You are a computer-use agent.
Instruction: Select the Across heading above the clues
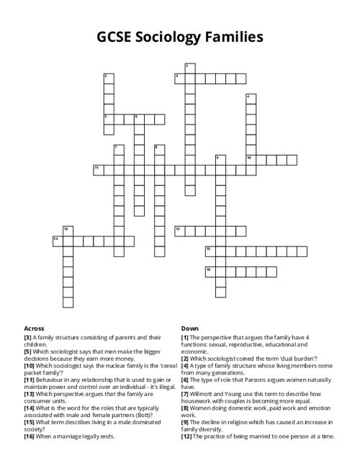[34, 328]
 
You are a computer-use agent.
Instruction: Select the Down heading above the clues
[190, 328]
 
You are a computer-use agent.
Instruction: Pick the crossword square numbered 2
[109, 79]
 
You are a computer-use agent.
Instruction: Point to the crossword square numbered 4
[251, 99]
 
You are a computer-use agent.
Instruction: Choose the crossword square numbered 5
[109, 119]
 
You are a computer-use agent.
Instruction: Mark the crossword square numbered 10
[251, 160]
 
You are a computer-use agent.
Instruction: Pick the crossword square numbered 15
[210, 251]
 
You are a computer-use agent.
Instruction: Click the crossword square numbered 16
[210, 272]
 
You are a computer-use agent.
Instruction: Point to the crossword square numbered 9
[220, 160]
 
